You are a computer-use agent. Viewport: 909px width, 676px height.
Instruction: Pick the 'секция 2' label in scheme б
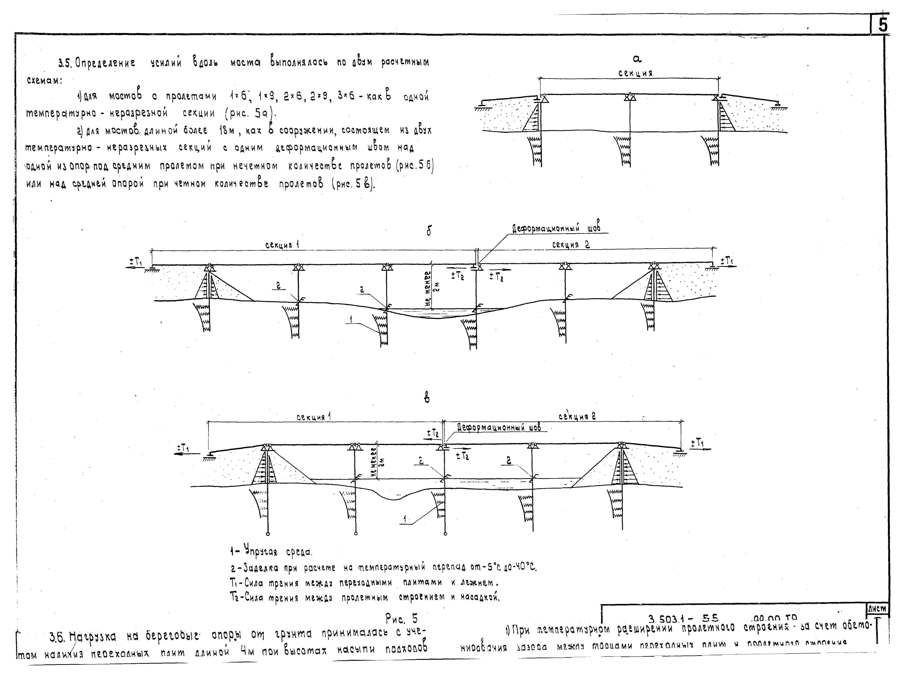click(x=571, y=245)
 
